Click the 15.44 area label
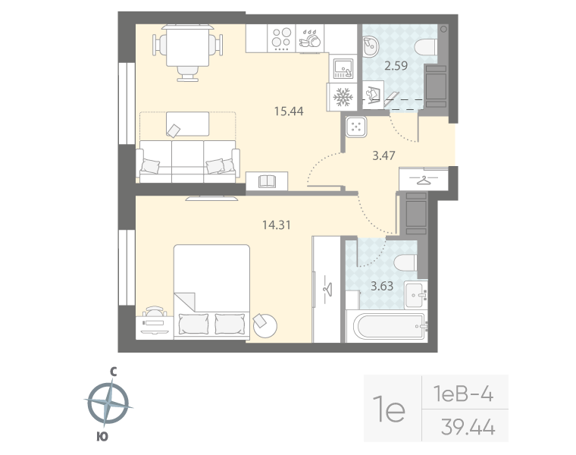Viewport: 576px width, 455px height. click(288, 111)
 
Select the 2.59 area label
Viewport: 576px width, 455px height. click(396, 65)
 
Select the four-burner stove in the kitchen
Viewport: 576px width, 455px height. click(282, 38)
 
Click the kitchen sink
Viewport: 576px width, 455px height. click(343, 68)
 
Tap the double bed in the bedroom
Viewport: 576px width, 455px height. click(212, 290)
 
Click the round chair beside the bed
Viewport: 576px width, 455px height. click(266, 326)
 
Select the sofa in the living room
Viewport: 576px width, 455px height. click(188, 160)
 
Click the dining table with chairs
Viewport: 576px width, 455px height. click(186, 47)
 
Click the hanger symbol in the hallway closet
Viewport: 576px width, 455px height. click(423, 180)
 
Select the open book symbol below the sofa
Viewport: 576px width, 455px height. click(267, 181)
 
